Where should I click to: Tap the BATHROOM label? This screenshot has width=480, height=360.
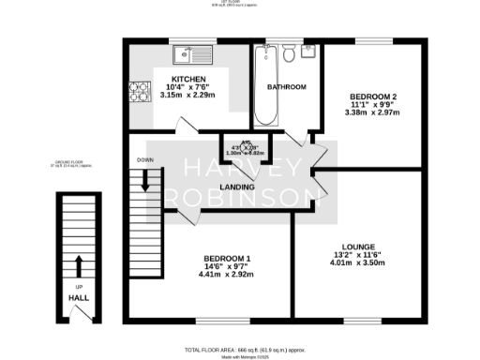pyautogui.click(x=287, y=87)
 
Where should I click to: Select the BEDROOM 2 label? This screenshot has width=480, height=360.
pyautogui.click(x=374, y=97)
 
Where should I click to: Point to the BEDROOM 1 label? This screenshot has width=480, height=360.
pyautogui.click(x=227, y=258)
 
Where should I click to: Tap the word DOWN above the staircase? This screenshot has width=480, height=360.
pyautogui.click(x=144, y=159)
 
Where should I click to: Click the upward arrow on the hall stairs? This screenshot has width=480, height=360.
pyautogui.click(x=79, y=263)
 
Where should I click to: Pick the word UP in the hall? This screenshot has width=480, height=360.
pyautogui.click(x=79, y=286)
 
